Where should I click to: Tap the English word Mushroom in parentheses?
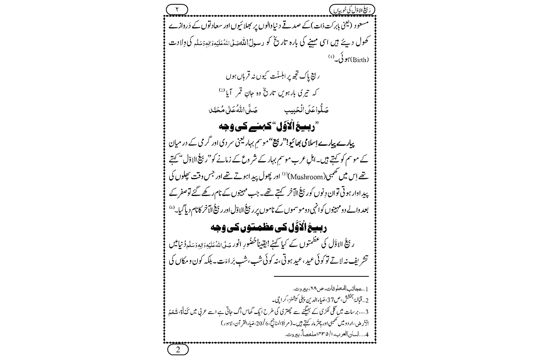click(268, 177)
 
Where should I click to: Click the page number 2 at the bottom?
click(178, 349)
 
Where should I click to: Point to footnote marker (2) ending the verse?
click(222, 90)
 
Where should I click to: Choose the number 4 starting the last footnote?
click(367, 334)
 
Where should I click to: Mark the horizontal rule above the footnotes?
click(321, 276)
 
